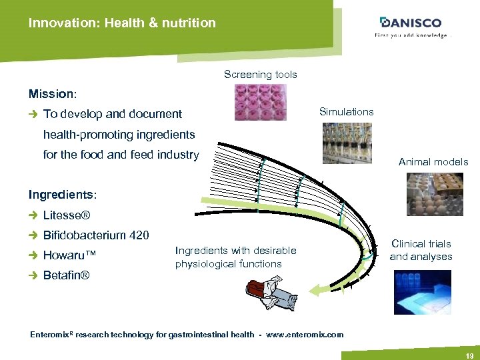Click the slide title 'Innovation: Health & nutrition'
[122, 23]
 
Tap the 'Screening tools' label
[260, 75]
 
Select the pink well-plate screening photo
[260, 102]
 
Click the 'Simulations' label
[346, 111]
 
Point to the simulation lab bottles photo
[347, 143]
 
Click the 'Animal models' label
[433, 161]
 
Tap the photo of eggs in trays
[433, 194]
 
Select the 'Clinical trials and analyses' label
[421, 250]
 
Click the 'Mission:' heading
[52, 93]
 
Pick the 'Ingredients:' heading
[63, 195]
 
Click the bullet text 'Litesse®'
[67, 215]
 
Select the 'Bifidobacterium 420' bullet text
[96, 235]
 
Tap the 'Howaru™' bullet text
[71, 255]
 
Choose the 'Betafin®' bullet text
[67, 275]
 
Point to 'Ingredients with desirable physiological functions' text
[235, 257]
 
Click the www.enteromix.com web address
[305, 335]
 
